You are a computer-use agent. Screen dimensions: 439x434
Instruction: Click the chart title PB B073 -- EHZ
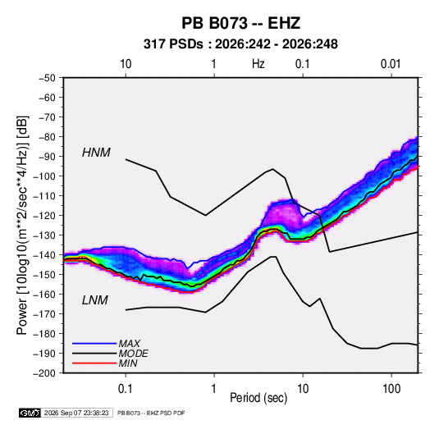pyautogui.click(x=240, y=23)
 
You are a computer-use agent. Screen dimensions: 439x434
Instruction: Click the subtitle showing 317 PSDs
pyautogui.click(x=240, y=44)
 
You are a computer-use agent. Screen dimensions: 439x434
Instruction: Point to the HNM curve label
pyautogui.click(x=96, y=153)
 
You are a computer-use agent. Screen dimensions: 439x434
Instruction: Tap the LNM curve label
pyautogui.click(x=95, y=300)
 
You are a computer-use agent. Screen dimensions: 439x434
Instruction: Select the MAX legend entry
pyautogui.click(x=129, y=343)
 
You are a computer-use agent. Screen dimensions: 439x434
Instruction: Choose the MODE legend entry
pyautogui.click(x=133, y=354)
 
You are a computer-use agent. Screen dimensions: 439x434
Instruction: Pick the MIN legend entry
pyautogui.click(x=128, y=363)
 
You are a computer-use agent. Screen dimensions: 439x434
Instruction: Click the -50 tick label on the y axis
pyautogui.click(x=47, y=78)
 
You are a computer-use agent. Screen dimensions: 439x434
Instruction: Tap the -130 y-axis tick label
pyautogui.click(x=44, y=235)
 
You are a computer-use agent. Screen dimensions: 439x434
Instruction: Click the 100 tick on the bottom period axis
pyautogui.click(x=391, y=389)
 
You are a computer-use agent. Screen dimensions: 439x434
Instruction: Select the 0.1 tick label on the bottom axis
pyautogui.click(x=126, y=389)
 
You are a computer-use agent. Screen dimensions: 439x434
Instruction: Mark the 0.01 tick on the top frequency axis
pyautogui.click(x=391, y=64)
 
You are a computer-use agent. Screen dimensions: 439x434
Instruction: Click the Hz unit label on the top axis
pyautogui.click(x=258, y=64)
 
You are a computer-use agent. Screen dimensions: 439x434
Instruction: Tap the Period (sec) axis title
pyautogui.click(x=258, y=398)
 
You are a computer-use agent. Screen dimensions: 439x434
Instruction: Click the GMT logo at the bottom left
pyautogui.click(x=30, y=413)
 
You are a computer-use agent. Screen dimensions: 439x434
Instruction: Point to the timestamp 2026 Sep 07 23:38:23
pyautogui.click(x=76, y=413)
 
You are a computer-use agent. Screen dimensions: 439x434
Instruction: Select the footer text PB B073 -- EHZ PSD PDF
pyautogui.click(x=151, y=413)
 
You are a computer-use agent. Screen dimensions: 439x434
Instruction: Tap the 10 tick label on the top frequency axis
pyautogui.click(x=126, y=64)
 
